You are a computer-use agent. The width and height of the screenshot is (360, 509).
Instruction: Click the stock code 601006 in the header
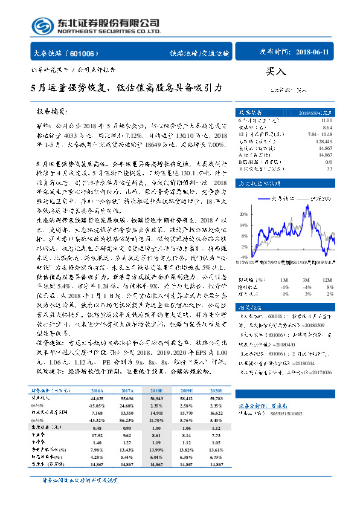pos(84,53)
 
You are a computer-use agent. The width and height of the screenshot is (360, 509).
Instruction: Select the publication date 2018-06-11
pos(314,53)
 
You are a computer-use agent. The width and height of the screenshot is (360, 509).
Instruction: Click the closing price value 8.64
pos(326,128)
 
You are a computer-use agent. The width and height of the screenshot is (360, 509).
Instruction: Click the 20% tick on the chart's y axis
pos(242,213)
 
